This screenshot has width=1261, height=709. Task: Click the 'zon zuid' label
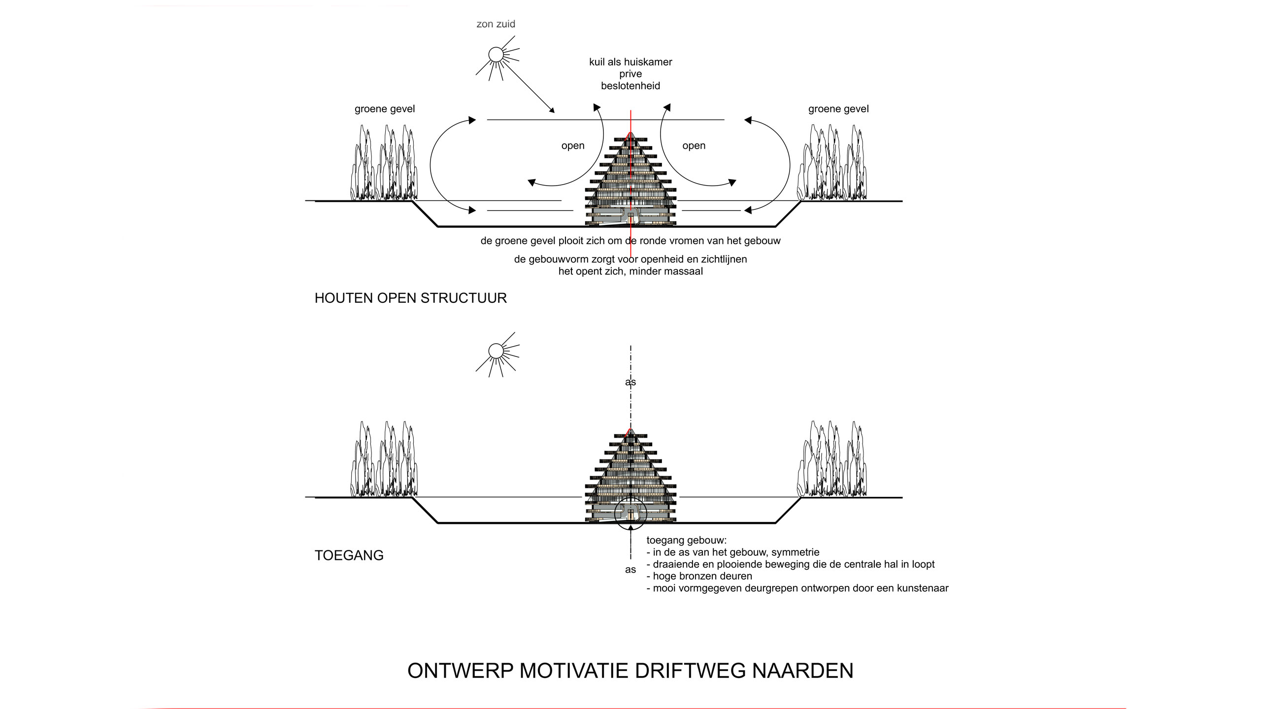click(496, 24)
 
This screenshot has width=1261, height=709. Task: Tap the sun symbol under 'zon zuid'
click(496, 54)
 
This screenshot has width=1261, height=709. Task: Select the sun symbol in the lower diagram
click(496, 351)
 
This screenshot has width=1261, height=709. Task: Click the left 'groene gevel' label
click(385, 109)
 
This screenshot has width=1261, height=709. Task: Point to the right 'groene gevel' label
click(838, 109)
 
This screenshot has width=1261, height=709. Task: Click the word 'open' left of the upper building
click(573, 146)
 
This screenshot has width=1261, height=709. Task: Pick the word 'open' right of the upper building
click(694, 146)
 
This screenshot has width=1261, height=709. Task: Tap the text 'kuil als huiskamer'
click(630, 62)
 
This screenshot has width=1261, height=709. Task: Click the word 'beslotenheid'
click(630, 86)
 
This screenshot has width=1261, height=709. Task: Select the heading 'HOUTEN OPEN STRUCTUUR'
click(410, 298)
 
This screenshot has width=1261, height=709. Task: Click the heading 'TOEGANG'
click(349, 555)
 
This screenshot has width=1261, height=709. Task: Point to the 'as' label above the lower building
click(630, 382)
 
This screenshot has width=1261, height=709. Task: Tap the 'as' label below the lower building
click(630, 570)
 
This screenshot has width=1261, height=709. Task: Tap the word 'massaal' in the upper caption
click(685, 271)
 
